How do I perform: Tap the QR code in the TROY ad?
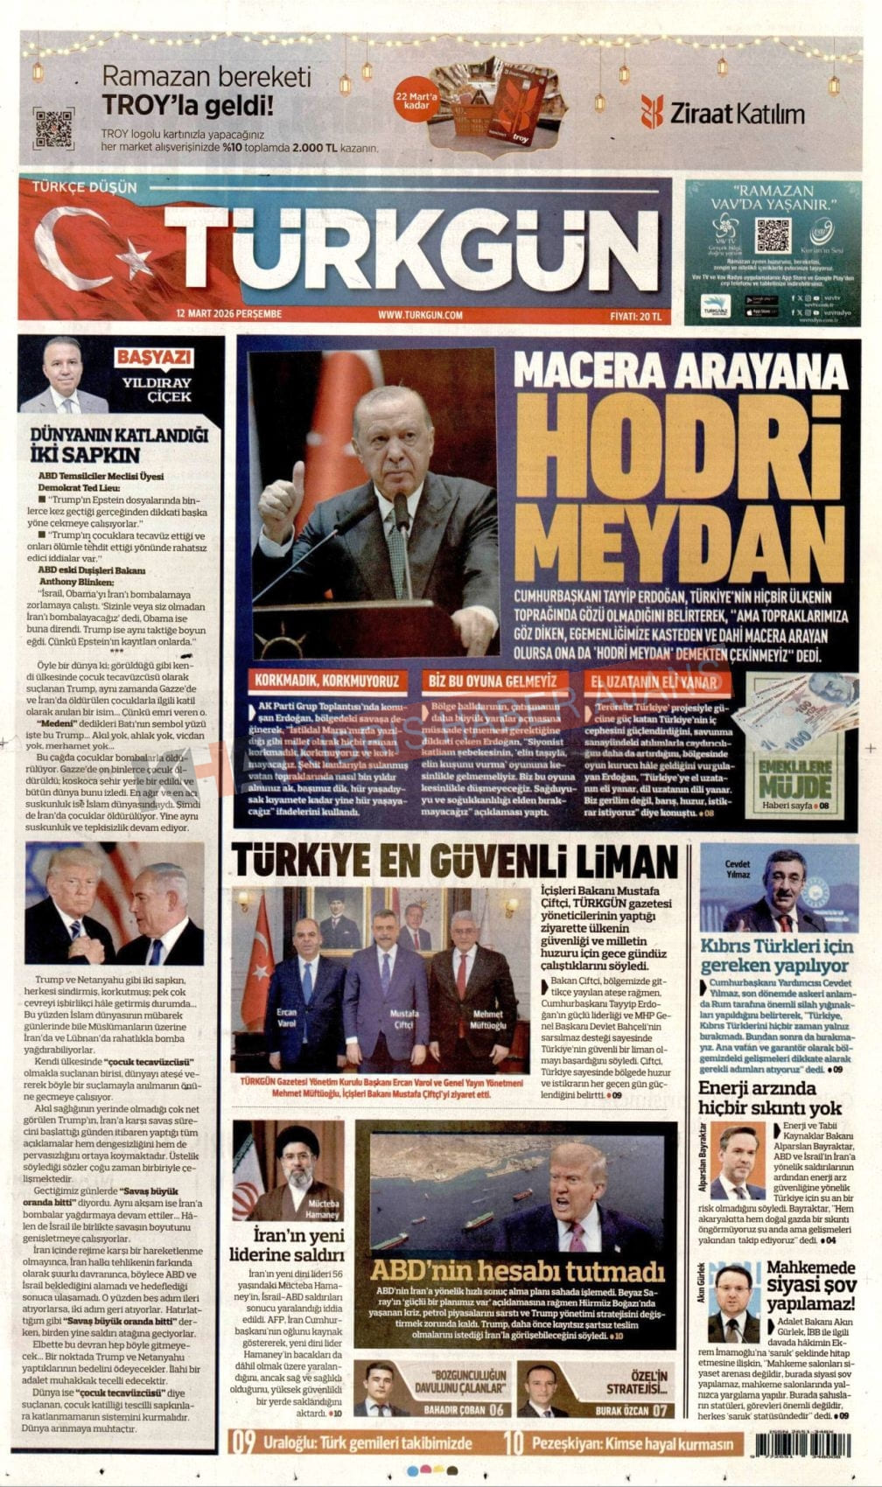pyautogui.click(x=53, y=128)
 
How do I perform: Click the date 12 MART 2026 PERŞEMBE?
pyautogui.click(x=228, y=314)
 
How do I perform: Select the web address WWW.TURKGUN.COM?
pyautogui.click(x=420, y=314)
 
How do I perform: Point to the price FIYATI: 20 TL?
pyautogui.click(x=636, y=314)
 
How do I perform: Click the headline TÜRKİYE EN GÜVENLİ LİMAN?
pyautogui.click(x=455, y=862)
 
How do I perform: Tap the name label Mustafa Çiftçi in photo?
pyautogui.click(x=403, y=1018)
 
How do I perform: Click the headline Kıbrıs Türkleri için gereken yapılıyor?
pyautogui.click(x=775, y=956)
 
